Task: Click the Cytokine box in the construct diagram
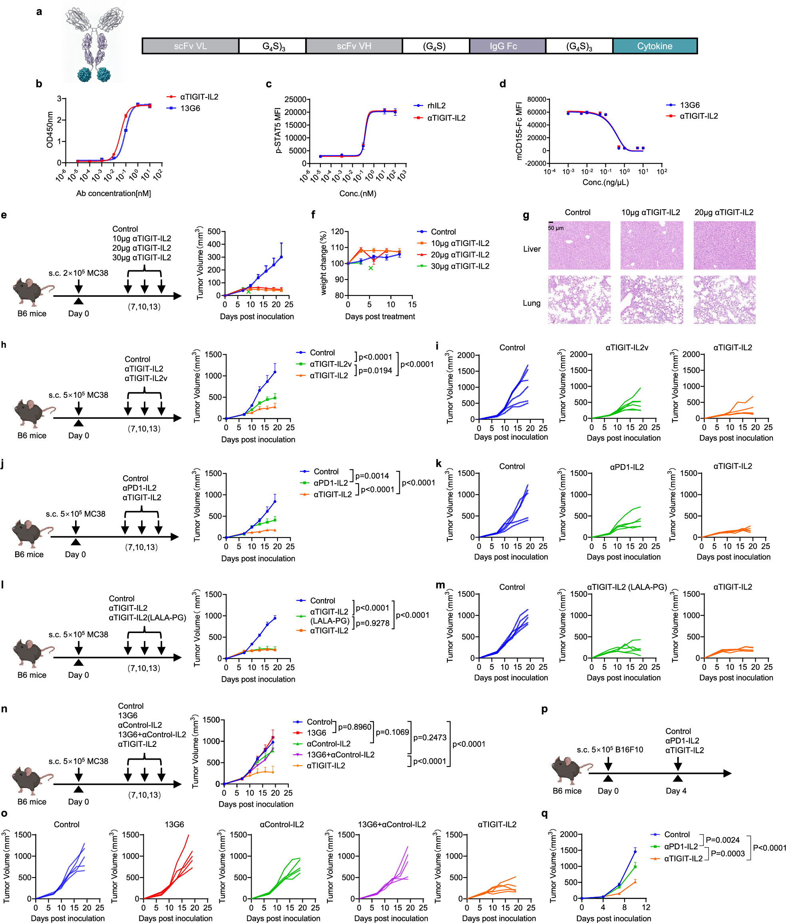pyautogui.click(x=655, y=46)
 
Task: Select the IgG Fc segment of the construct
pyautogui.click(x=503, y=46)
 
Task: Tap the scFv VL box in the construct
pyautogui.click(x=190, y=46)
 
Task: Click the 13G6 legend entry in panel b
pyautogui.click(x=190, y=108)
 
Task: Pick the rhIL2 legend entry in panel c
pyautogui.click(x=436, y=105)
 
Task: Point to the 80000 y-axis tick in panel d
pyautogui.click(x=537, y=99)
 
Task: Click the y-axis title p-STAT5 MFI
pyautogui.click(x=278, y=130)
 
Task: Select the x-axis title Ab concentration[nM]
pyautogui.click(x=113, y=193)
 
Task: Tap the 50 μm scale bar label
pyautogui.click(x=556, y=228)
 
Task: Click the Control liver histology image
pyautogui.click(x=579, y=246)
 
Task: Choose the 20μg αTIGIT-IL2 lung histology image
pyautogui.click(x=724, y=300)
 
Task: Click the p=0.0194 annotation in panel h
pyautogui.click(x=375, y=371)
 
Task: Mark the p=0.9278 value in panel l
pyautogui.click(x=373, y=623)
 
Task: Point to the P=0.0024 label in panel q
pyautogui.click(x=722, y=840)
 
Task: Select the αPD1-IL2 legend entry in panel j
pyautogui.click(x=331, y=483)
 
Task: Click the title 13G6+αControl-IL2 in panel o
pyautogui.click(x=392, y=825)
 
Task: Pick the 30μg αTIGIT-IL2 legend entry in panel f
pyautogui.click(x=459, y=266)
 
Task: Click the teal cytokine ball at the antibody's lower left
pyautogui.click(x=84, y=74)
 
